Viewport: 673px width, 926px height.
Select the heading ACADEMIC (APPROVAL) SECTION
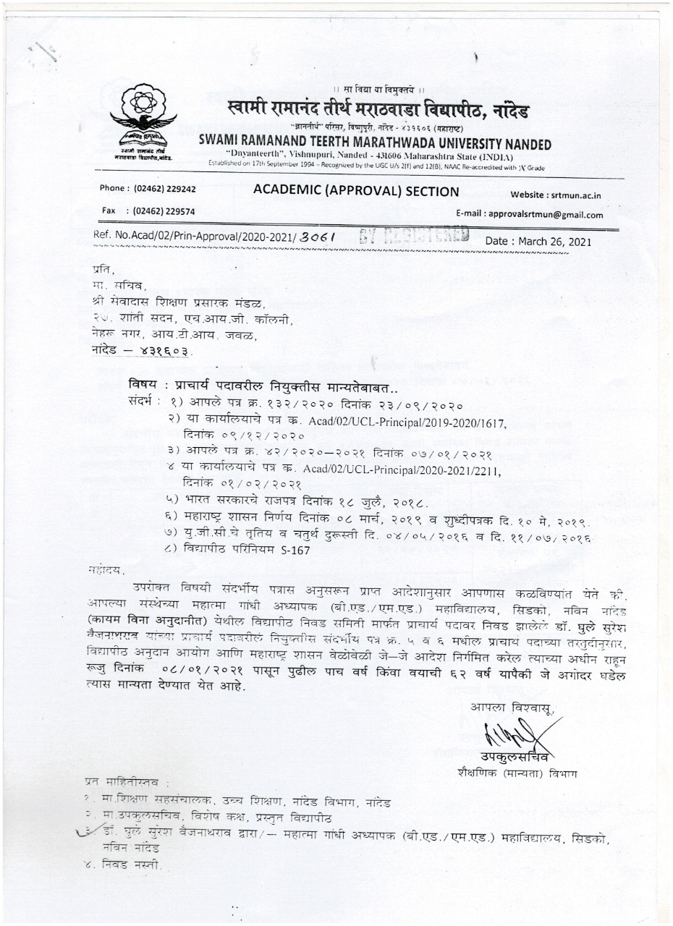(356, 192)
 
